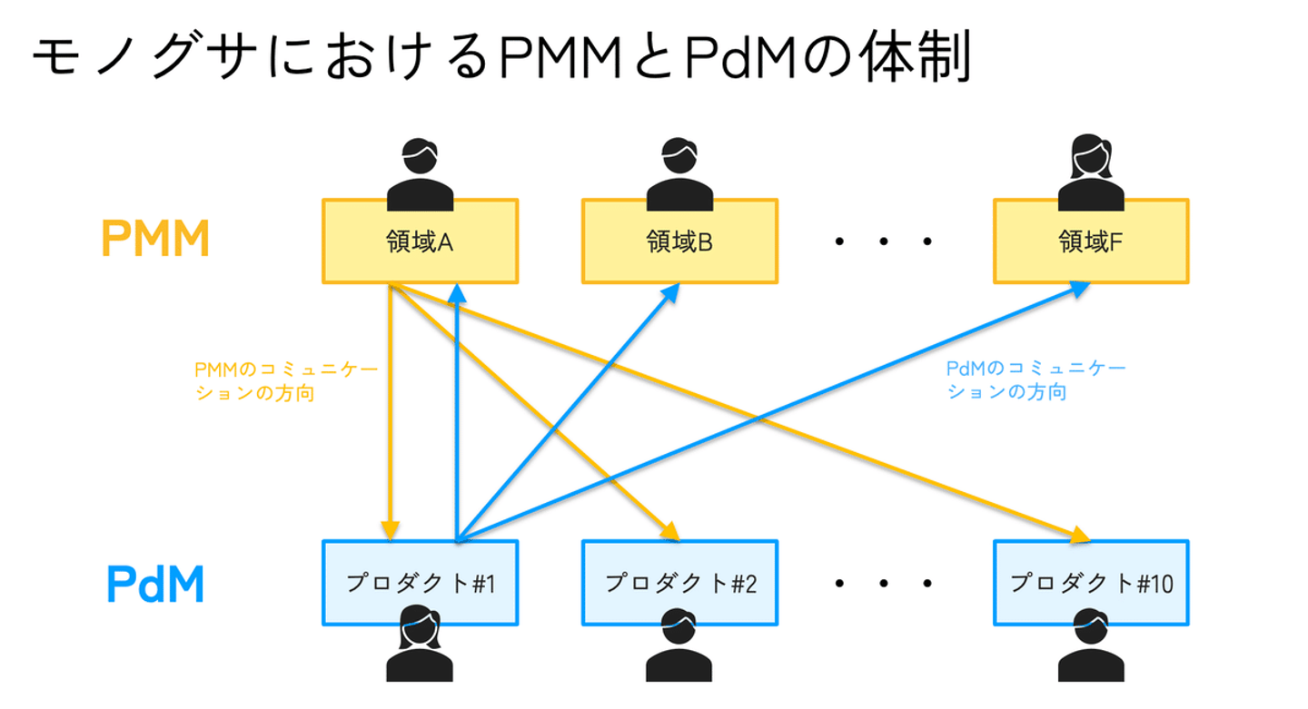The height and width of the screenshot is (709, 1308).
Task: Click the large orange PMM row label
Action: [x=155, y=240]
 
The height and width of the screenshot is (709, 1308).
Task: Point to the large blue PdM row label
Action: [x=154, y=585]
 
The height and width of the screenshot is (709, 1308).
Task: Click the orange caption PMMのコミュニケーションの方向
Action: [x=285, y=382]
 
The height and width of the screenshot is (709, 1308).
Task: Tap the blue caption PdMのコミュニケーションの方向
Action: [x=1035, y=380]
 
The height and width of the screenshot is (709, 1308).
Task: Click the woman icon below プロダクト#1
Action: [x=420, y=646]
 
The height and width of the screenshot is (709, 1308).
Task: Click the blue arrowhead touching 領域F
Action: [x=1079, y=288]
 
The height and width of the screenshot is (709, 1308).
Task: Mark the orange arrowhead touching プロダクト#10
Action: [x=1078, y=536]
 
